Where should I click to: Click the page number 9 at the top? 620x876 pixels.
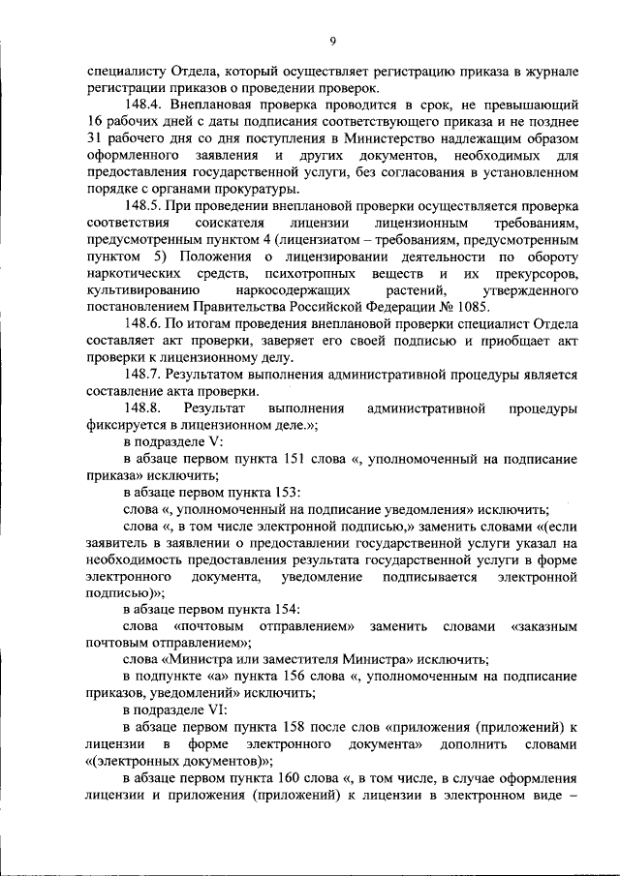coord(332,40)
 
